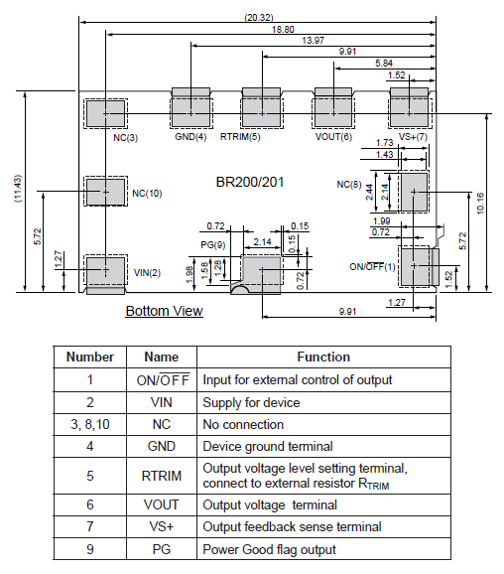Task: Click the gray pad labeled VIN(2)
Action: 105,271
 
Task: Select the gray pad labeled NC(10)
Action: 105,192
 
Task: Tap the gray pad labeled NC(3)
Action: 105,114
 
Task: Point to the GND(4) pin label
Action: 190,137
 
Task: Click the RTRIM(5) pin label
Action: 240,137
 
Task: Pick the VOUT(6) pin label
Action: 333,137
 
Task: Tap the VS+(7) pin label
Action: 413,137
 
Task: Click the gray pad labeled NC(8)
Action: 414,192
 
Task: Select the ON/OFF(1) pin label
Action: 372,266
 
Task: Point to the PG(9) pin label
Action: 213,245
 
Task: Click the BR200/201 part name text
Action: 250,183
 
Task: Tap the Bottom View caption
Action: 165,311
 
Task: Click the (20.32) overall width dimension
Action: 259,17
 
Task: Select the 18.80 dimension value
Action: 283,29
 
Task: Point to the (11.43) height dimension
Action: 18,188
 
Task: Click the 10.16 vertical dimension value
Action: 480,204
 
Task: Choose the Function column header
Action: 323,357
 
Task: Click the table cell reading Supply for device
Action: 251,402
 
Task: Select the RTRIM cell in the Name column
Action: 162,476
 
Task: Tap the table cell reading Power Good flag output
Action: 269,549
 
